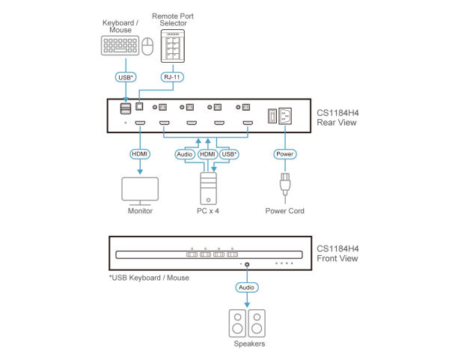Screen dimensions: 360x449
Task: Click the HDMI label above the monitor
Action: pos(140,153)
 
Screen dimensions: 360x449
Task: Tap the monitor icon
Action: pos(140,190)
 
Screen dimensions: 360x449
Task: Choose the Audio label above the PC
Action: pos(184,154)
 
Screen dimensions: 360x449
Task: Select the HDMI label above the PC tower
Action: pos(207,154)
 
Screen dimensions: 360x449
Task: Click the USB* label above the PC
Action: pos(229,154)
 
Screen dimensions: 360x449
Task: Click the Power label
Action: pos(284,153)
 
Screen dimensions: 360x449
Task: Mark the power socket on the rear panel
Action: pos(285,116)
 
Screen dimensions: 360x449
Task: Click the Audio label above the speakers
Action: pos(246,287)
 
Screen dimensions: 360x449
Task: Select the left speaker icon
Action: pos(237,323)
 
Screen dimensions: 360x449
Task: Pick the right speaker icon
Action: pos(257,323)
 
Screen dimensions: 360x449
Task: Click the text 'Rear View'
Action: pos(332,123)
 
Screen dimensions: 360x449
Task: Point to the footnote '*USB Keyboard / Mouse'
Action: pos(149,277)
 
